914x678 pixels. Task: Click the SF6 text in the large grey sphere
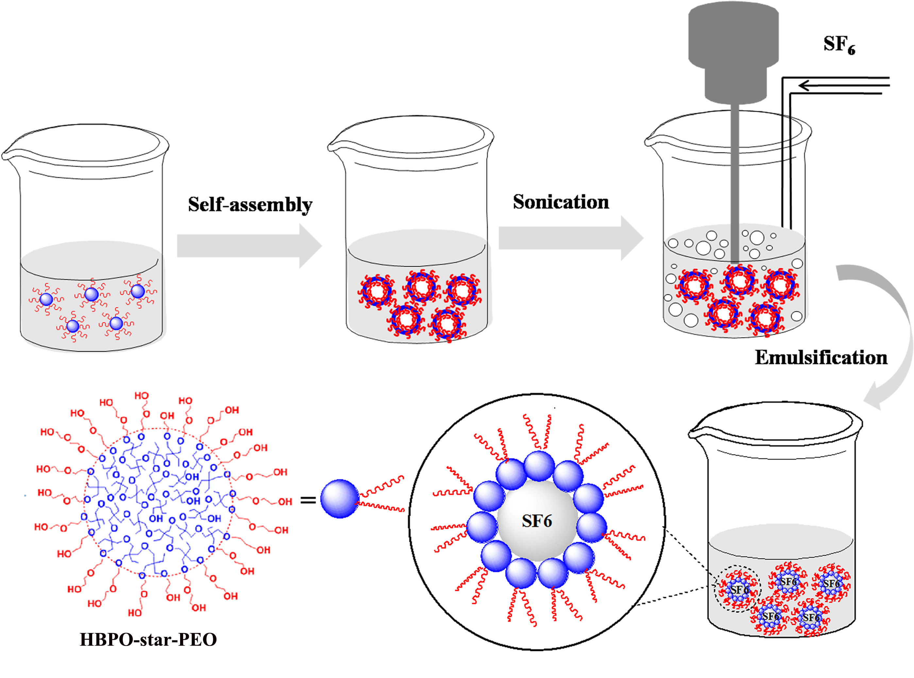536,521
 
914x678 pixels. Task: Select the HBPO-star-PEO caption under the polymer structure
148,639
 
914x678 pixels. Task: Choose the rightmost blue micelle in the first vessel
138,291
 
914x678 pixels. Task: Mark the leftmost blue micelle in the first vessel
46,299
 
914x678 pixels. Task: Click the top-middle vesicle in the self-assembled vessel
421,286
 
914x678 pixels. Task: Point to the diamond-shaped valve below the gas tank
734,129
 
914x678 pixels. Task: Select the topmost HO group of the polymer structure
142,396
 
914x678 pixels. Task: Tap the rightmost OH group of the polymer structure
285,501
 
